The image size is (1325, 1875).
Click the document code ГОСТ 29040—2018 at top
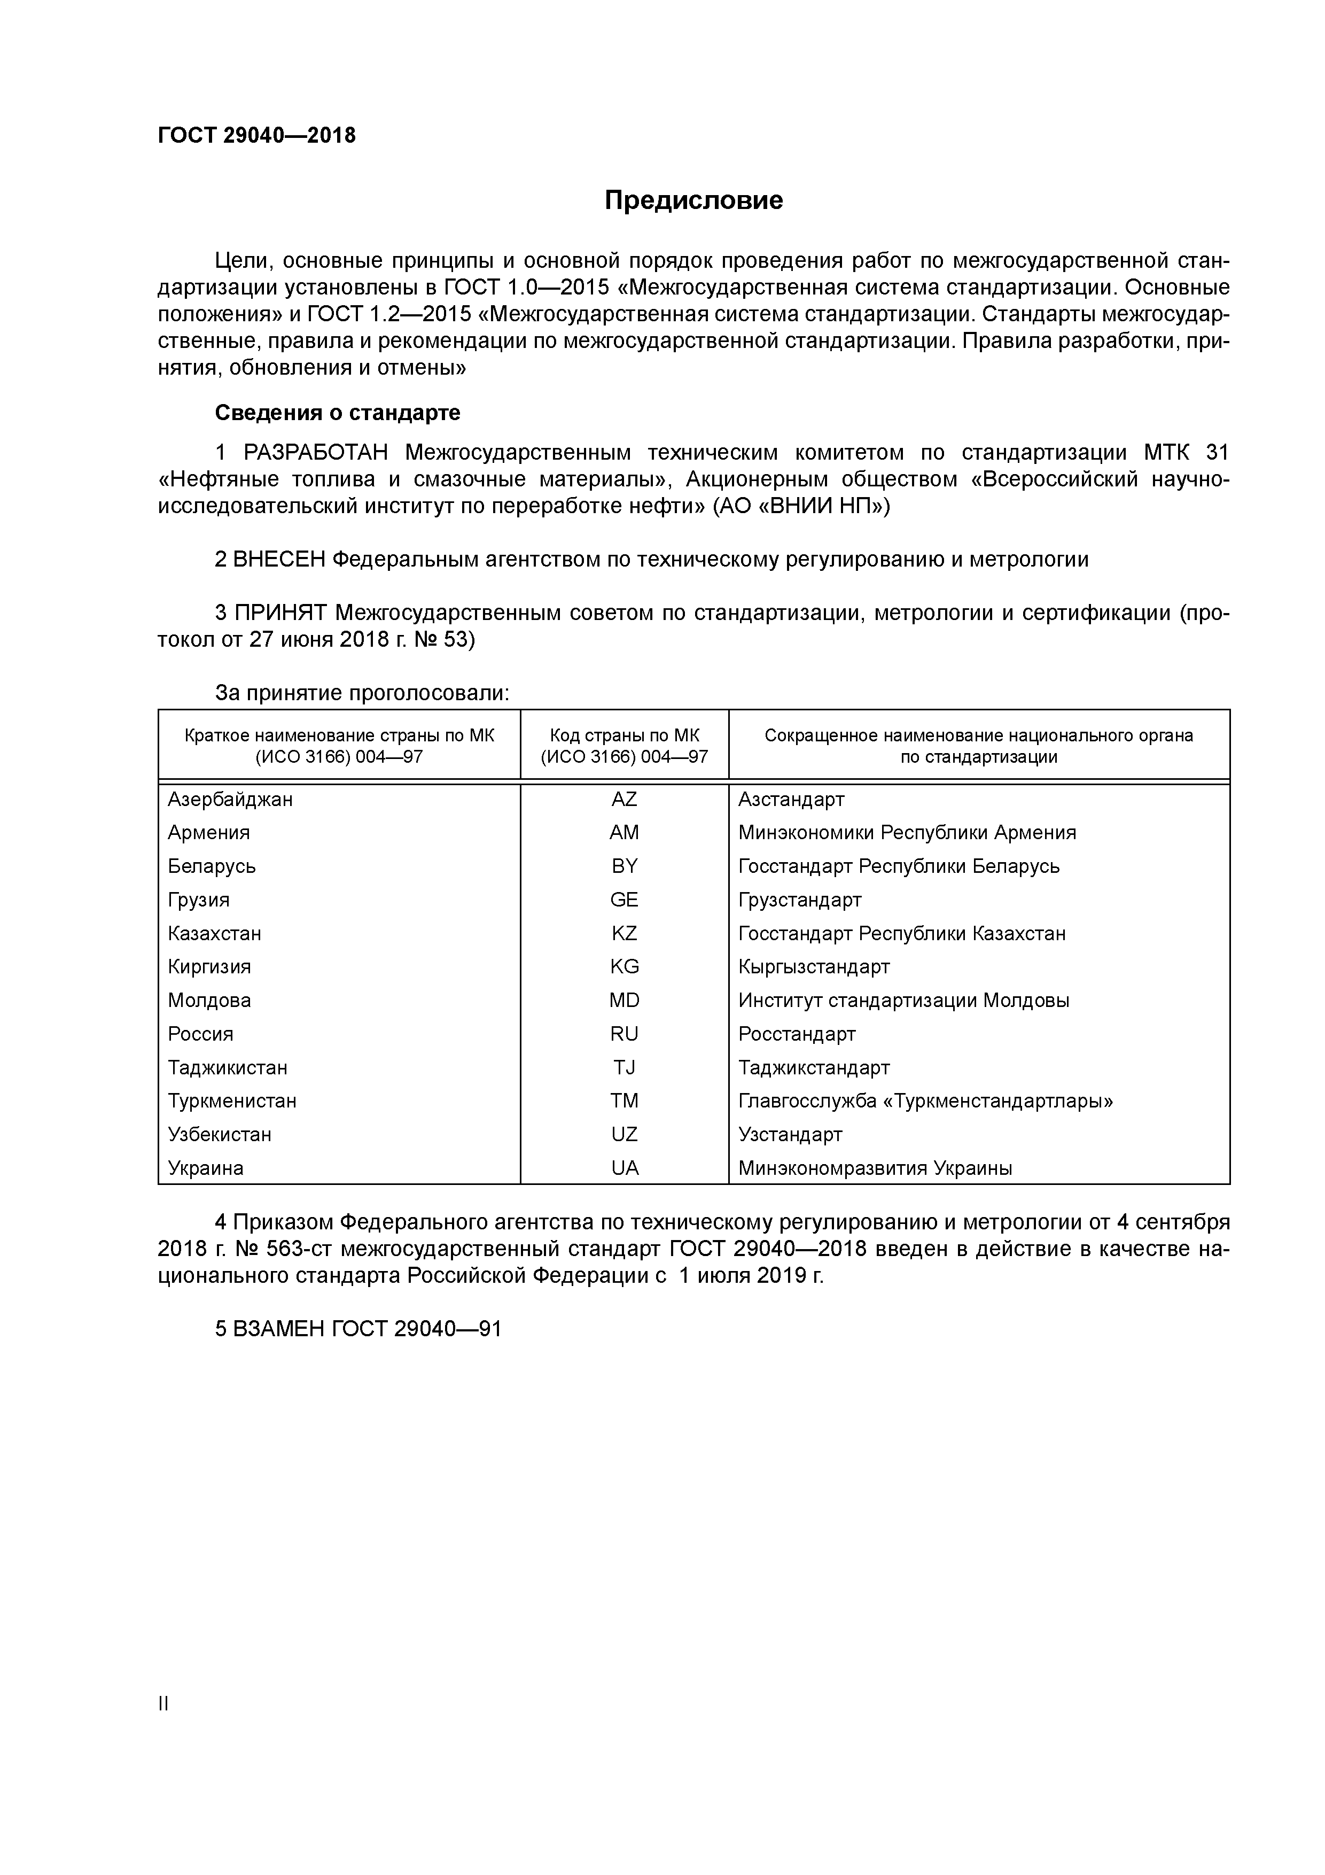256,136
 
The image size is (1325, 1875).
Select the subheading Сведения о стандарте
337,413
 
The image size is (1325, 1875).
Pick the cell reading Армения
209,833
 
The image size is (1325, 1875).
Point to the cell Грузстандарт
799,900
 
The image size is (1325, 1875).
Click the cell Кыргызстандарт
813,967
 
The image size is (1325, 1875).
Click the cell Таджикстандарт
813,1067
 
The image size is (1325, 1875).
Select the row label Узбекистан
220,1134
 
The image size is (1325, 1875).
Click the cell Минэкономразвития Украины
875,1168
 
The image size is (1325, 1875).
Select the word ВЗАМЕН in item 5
278,1329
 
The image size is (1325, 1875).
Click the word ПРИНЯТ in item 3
280,613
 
